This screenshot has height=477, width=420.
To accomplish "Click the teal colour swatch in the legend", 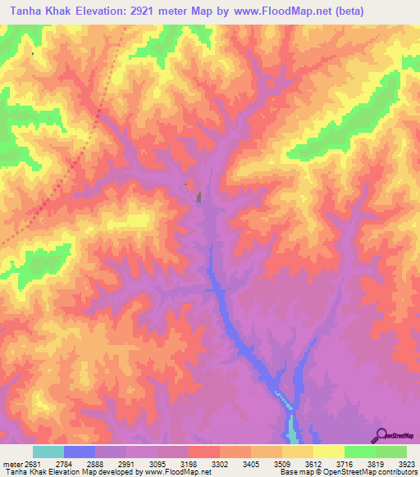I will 48,452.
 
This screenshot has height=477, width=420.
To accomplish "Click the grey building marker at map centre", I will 199,197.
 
